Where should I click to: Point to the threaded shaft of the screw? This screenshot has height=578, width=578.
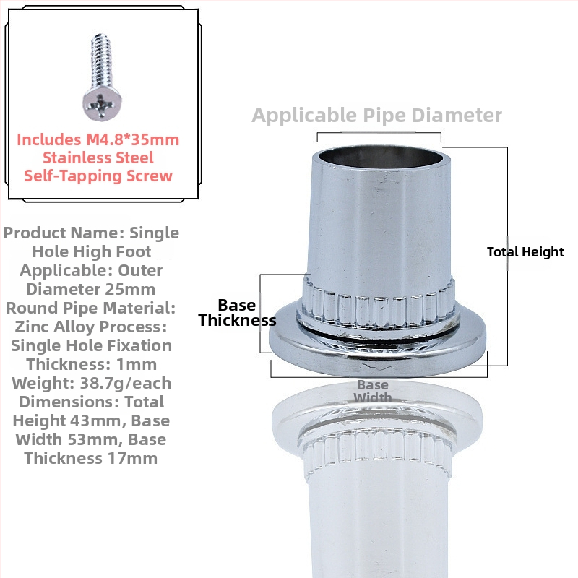101,61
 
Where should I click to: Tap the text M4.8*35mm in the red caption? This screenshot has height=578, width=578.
133,139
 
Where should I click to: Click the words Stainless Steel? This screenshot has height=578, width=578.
98,158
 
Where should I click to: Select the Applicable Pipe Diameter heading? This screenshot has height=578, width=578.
376,116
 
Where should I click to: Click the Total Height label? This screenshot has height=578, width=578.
525,252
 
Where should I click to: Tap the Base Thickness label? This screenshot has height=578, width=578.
237,313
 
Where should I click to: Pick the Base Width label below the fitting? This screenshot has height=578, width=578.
373,392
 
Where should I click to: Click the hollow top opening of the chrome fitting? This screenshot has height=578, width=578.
381,157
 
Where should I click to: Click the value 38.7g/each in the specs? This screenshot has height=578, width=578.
126,384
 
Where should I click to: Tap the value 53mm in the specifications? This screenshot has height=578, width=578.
96,440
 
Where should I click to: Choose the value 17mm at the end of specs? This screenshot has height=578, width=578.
132,459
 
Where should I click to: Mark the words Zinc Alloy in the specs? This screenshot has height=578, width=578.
55,327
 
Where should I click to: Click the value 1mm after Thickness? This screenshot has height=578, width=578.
137,365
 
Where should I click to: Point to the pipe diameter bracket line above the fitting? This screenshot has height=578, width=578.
379,133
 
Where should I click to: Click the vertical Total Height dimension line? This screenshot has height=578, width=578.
507,256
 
